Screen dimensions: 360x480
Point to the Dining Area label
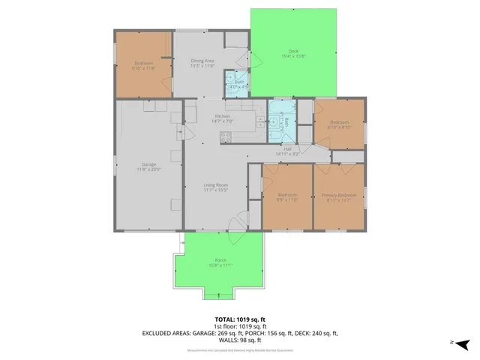tap(203, 63)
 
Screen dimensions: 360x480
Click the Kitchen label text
tap(222, 118)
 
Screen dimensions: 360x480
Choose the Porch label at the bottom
tap(220, 263)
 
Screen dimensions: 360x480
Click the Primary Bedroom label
tap(338, 198)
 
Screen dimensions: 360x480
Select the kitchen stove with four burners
tap(226, 136)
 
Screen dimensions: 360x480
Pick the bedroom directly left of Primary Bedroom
tap(287, 196)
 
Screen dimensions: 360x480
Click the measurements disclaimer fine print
tap(239, 349)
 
